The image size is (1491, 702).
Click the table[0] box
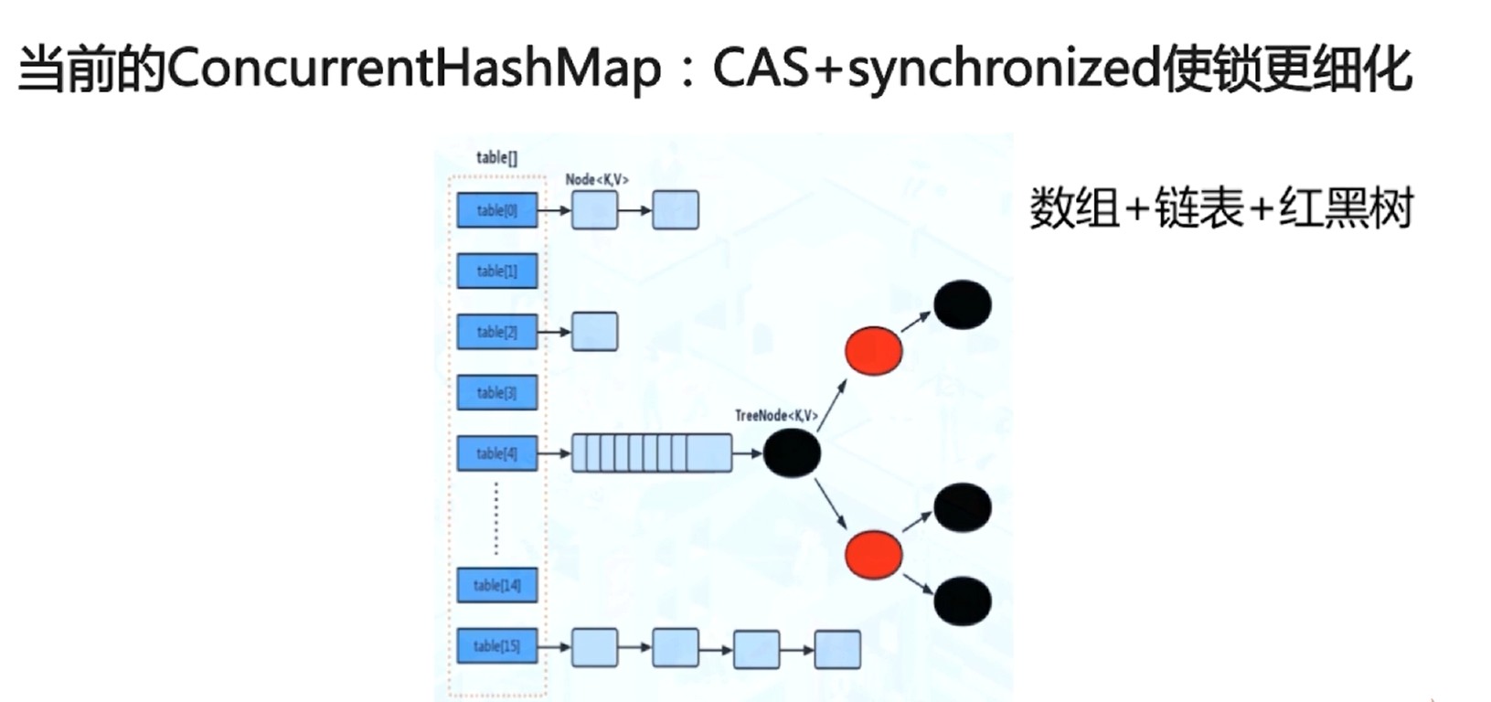click(x=497, y=210)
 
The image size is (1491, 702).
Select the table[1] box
click(x=497, y=271)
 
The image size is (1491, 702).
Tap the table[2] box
click(x=497, y=332)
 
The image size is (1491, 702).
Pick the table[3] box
click(x=497, y=393)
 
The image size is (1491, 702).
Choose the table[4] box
click(x=497, y=453)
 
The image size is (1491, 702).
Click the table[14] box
click(x=497, y=585)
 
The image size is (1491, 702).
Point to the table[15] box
click(x=497, y=646)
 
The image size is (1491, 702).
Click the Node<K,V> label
click(x=597, y=180)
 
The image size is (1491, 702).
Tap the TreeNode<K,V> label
click(x=776, y=416)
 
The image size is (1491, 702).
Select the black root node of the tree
click(x=792, y=453)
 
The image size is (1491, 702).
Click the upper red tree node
click(x=874, y=350)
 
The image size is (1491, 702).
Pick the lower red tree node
click(x=874, y=555)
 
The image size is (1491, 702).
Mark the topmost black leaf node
click(x=962, y=304)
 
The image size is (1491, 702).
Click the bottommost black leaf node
click(x=962, y=601)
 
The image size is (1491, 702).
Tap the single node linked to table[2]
click(x=595, y=332)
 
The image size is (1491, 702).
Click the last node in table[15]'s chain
click(x=837, y=649)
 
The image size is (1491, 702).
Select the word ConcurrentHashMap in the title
click(x=413, y=69)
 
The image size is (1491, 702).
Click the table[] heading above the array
click(x=496, y=157)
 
